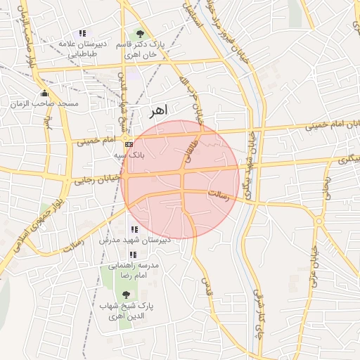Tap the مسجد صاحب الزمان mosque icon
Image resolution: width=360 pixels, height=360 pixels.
(x=44, y=94)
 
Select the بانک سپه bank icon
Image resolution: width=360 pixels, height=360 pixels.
(x=128, y=144)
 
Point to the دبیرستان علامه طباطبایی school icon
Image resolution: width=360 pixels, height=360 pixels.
(x=82, y=33)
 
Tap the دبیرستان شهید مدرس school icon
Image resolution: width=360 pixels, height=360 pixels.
(x=134, y=229)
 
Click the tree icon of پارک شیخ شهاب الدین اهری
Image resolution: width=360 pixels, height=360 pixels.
(x=126, y=295)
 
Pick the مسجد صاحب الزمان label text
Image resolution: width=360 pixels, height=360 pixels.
(x=44, y=104)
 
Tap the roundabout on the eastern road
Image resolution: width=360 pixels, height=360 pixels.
(x=319, y=221)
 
